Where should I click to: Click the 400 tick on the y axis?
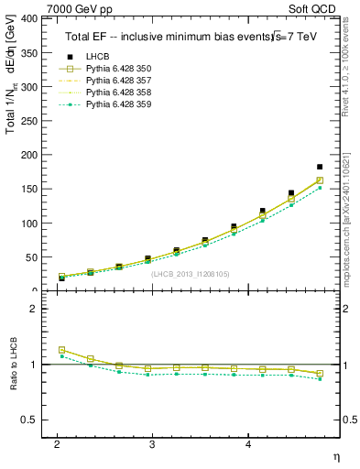click(28, 18)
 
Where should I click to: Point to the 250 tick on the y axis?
click(28, 121)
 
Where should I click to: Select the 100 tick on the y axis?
click(28, 224)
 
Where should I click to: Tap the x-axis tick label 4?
click(249, 444)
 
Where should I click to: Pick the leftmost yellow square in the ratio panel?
click(62, 350)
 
